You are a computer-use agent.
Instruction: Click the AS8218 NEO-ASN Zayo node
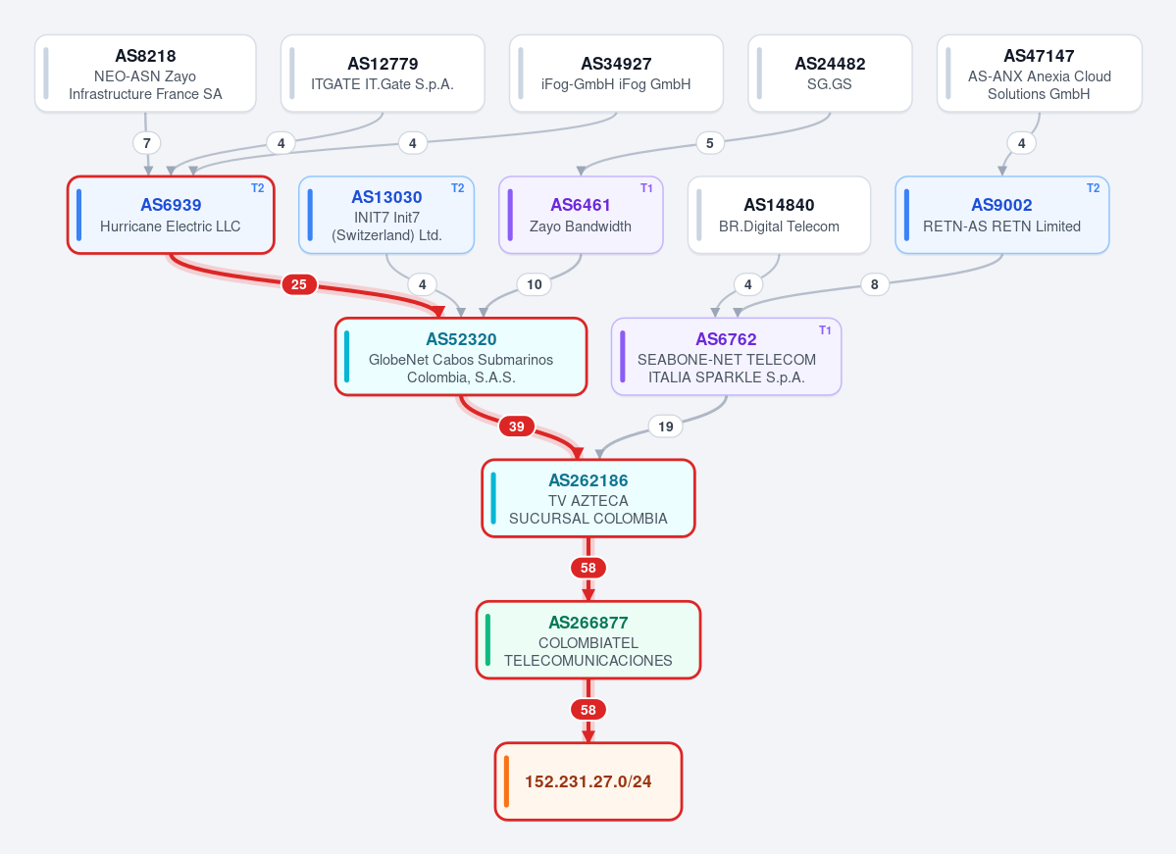(145, 74)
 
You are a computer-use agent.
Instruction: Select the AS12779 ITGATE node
(383, 74)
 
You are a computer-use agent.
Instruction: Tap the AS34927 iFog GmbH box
(617, 74)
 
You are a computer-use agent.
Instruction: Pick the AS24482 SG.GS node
(830, 74)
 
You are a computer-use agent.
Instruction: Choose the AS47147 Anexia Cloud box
(1040, 74)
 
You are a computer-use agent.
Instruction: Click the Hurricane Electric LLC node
(171, 215)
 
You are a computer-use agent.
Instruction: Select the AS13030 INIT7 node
(387, 215)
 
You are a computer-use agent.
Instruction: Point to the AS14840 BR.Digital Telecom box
(779, 215)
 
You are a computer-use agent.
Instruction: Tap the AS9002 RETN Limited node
(1002, 215)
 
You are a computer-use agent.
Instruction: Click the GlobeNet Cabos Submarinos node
(461, 357)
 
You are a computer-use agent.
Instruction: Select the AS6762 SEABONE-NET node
(727, 357)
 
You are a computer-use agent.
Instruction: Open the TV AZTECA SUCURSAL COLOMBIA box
(588, 499)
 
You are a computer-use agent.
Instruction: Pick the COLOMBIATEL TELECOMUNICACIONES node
(588, 640)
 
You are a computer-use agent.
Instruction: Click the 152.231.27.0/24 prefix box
(588, 782)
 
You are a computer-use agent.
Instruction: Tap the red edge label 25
(299, 285)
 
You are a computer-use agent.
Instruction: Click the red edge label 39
(517, 427)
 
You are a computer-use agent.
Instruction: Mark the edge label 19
(666, 427)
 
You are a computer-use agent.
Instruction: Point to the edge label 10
(534, 285)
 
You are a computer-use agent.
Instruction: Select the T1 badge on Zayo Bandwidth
(646, 188)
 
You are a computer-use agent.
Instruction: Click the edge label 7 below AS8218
(147, 143)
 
